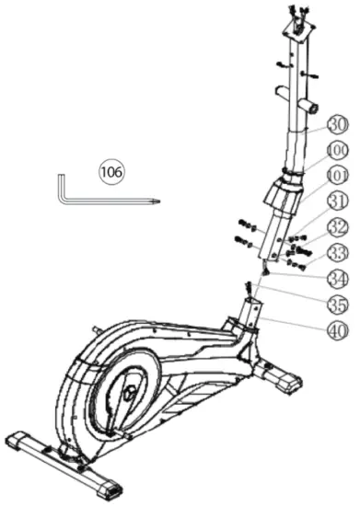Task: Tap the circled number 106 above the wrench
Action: click(x=112, y=171)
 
